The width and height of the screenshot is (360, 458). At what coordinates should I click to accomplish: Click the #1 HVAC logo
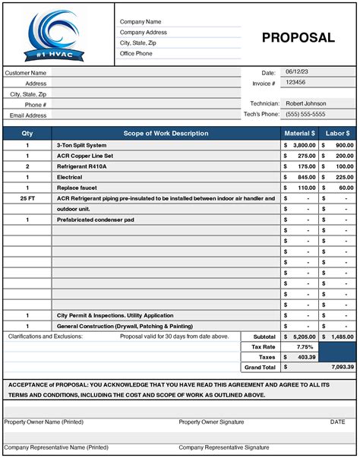pos(57,35)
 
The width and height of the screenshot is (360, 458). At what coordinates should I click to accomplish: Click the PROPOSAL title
pos(298,38)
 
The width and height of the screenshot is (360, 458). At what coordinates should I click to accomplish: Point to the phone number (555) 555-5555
pos(305,114)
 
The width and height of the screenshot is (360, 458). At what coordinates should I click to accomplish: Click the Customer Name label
pos(26,73)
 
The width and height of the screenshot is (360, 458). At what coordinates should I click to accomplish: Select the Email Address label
pos(28,115)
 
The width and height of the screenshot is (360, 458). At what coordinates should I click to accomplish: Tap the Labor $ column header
pos(337,134)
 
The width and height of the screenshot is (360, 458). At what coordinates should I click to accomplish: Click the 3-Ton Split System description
pos(82,144)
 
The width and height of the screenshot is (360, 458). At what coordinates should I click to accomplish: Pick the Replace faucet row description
pos(77,187)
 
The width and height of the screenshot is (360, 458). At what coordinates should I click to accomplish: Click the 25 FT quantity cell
pos(27,197)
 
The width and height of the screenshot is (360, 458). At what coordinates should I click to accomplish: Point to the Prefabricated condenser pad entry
pos(96,219)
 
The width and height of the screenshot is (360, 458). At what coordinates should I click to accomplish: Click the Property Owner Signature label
pos(212,422)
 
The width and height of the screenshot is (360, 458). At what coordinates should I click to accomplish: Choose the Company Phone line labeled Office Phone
pos(137,53)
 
